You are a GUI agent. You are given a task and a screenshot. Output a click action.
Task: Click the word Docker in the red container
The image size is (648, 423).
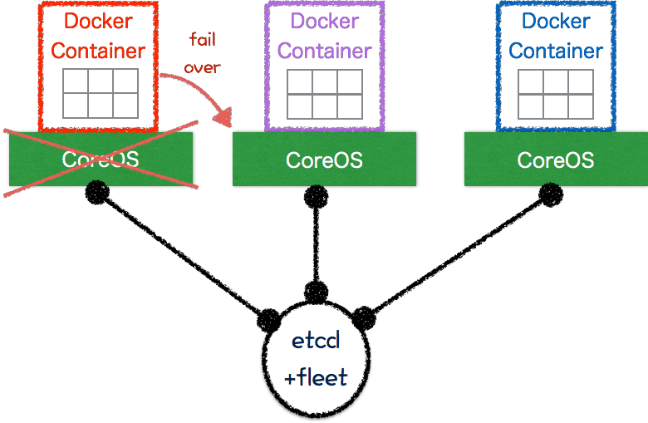[x=98, y=21]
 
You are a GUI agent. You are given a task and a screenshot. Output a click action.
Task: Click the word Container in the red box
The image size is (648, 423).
[x=98, y=50]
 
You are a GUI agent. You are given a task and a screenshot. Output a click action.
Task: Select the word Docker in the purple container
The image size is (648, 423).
[x=325, y=21]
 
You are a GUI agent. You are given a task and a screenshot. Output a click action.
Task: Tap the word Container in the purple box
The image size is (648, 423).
[x=325, y=50]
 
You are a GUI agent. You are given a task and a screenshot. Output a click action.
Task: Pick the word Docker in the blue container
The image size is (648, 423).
[x=556, y=21]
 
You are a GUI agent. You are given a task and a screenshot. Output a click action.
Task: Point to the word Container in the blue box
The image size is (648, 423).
[x=556, y=50]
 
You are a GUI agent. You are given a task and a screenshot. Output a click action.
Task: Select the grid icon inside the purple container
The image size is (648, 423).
[x=325, y=93]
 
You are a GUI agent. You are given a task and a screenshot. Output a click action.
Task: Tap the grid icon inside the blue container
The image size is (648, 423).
[x=556, y=93]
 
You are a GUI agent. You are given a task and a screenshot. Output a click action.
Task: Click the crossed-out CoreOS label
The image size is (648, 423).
[x=101, y=159]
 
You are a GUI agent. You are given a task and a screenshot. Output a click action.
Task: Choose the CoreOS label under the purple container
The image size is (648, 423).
[x=324, y=160]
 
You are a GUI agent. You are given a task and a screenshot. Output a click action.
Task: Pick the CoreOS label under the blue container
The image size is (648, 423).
[x=556, y=160]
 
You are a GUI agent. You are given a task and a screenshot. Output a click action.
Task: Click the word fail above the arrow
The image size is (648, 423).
[x=204, y=40]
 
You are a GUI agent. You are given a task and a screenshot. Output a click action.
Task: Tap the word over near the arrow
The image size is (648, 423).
[x=202, y=67]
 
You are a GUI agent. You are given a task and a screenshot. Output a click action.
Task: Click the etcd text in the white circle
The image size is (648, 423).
[x=316, y=342]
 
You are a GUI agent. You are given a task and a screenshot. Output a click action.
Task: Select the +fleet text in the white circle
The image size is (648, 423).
[x=316, y=379]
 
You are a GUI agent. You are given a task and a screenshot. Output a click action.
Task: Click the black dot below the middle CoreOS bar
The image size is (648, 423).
[x=316, y=185]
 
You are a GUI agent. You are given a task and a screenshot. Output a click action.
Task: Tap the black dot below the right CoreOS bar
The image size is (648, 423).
[x=547, y=185]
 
